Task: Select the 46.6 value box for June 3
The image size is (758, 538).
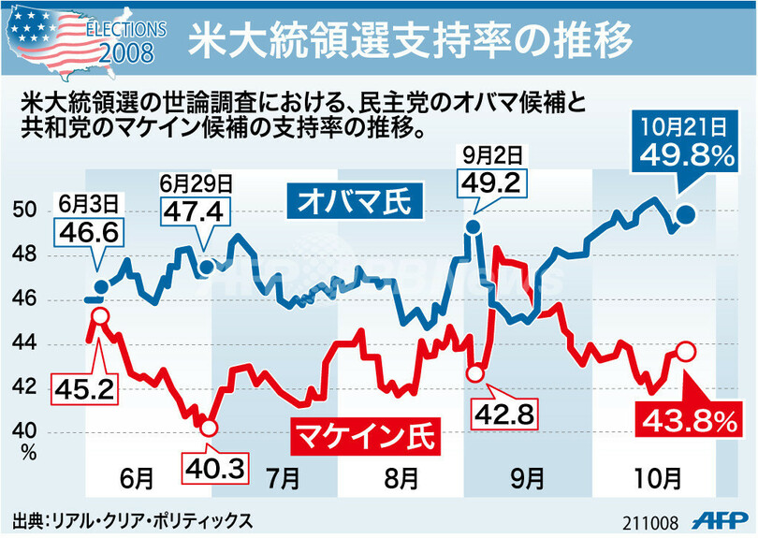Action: [x=93, y=232]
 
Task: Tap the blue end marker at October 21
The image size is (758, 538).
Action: [x=685, y=215]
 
